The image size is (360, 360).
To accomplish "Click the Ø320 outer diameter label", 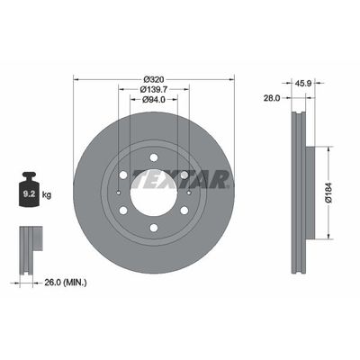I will (153, 77).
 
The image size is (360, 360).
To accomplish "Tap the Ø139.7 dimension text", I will (153, 88).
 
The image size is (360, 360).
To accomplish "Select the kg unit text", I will (48, 193).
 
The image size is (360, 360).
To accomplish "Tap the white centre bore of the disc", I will (153, 191).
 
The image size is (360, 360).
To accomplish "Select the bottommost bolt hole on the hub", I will (153, 227).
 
